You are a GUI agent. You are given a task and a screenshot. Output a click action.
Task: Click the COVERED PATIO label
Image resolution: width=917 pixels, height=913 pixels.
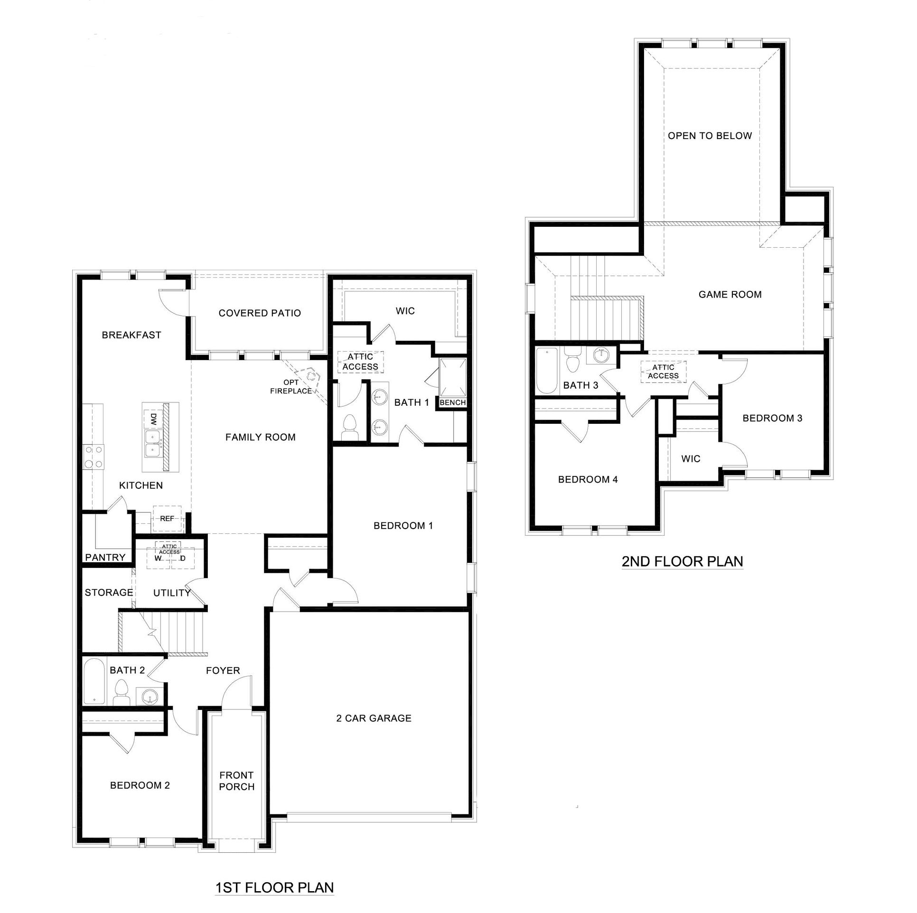coord(260,313)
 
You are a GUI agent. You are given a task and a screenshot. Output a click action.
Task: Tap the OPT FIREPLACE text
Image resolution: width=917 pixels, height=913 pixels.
coord(291,387)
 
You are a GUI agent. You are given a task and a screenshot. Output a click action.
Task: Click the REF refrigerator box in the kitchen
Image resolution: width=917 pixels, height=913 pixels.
coord(167,519)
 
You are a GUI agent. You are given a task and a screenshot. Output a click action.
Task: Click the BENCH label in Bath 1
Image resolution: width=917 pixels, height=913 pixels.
coord(452,402)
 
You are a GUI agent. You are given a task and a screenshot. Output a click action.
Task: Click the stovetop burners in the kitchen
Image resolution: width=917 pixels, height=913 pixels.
coord(93,456)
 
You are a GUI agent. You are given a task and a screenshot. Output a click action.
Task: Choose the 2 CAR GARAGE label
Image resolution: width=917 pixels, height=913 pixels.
coord(374,718)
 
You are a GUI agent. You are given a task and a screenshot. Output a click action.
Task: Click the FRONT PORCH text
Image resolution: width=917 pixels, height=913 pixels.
coord(237,781)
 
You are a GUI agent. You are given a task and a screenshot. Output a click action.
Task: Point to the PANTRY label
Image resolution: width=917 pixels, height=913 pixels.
coord(105,557)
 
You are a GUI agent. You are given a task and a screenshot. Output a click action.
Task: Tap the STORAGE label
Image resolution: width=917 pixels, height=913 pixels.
coord(109,592)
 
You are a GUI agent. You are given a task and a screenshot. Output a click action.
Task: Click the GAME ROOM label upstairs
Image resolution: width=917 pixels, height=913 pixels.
coord(730,295)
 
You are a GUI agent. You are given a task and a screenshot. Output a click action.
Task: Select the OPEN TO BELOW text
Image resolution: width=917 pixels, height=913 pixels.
coord(710,136)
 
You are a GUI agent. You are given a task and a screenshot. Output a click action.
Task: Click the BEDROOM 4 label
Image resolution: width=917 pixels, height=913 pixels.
coord(588,479)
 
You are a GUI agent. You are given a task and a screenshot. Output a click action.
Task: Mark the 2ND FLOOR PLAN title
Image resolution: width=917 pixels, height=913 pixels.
coord(682,561)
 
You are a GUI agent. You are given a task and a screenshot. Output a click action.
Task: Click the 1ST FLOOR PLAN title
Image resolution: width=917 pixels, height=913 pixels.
coord(274,887)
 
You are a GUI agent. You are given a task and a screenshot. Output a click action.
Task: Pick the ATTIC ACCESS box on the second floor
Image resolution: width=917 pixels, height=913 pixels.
coord(663,372)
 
